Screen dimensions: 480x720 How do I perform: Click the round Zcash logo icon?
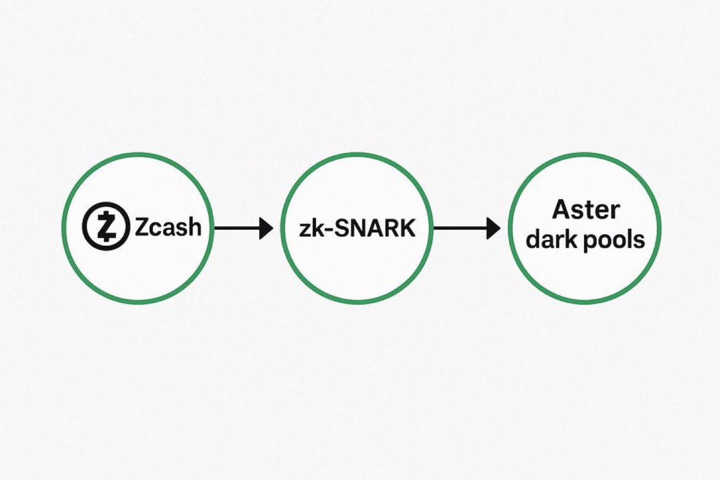105,227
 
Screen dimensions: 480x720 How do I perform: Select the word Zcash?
167,227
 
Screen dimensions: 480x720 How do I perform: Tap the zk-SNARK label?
357,228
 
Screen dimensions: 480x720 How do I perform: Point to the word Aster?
585,211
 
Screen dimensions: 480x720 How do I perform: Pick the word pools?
615,241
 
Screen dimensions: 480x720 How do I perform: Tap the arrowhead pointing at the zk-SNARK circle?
266,228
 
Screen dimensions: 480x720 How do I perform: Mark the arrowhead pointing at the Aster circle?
493,228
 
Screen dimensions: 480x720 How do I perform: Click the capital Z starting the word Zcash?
142,227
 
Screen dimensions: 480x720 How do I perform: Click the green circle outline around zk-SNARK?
357,154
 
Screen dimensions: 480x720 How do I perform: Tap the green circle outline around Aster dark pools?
584,154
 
